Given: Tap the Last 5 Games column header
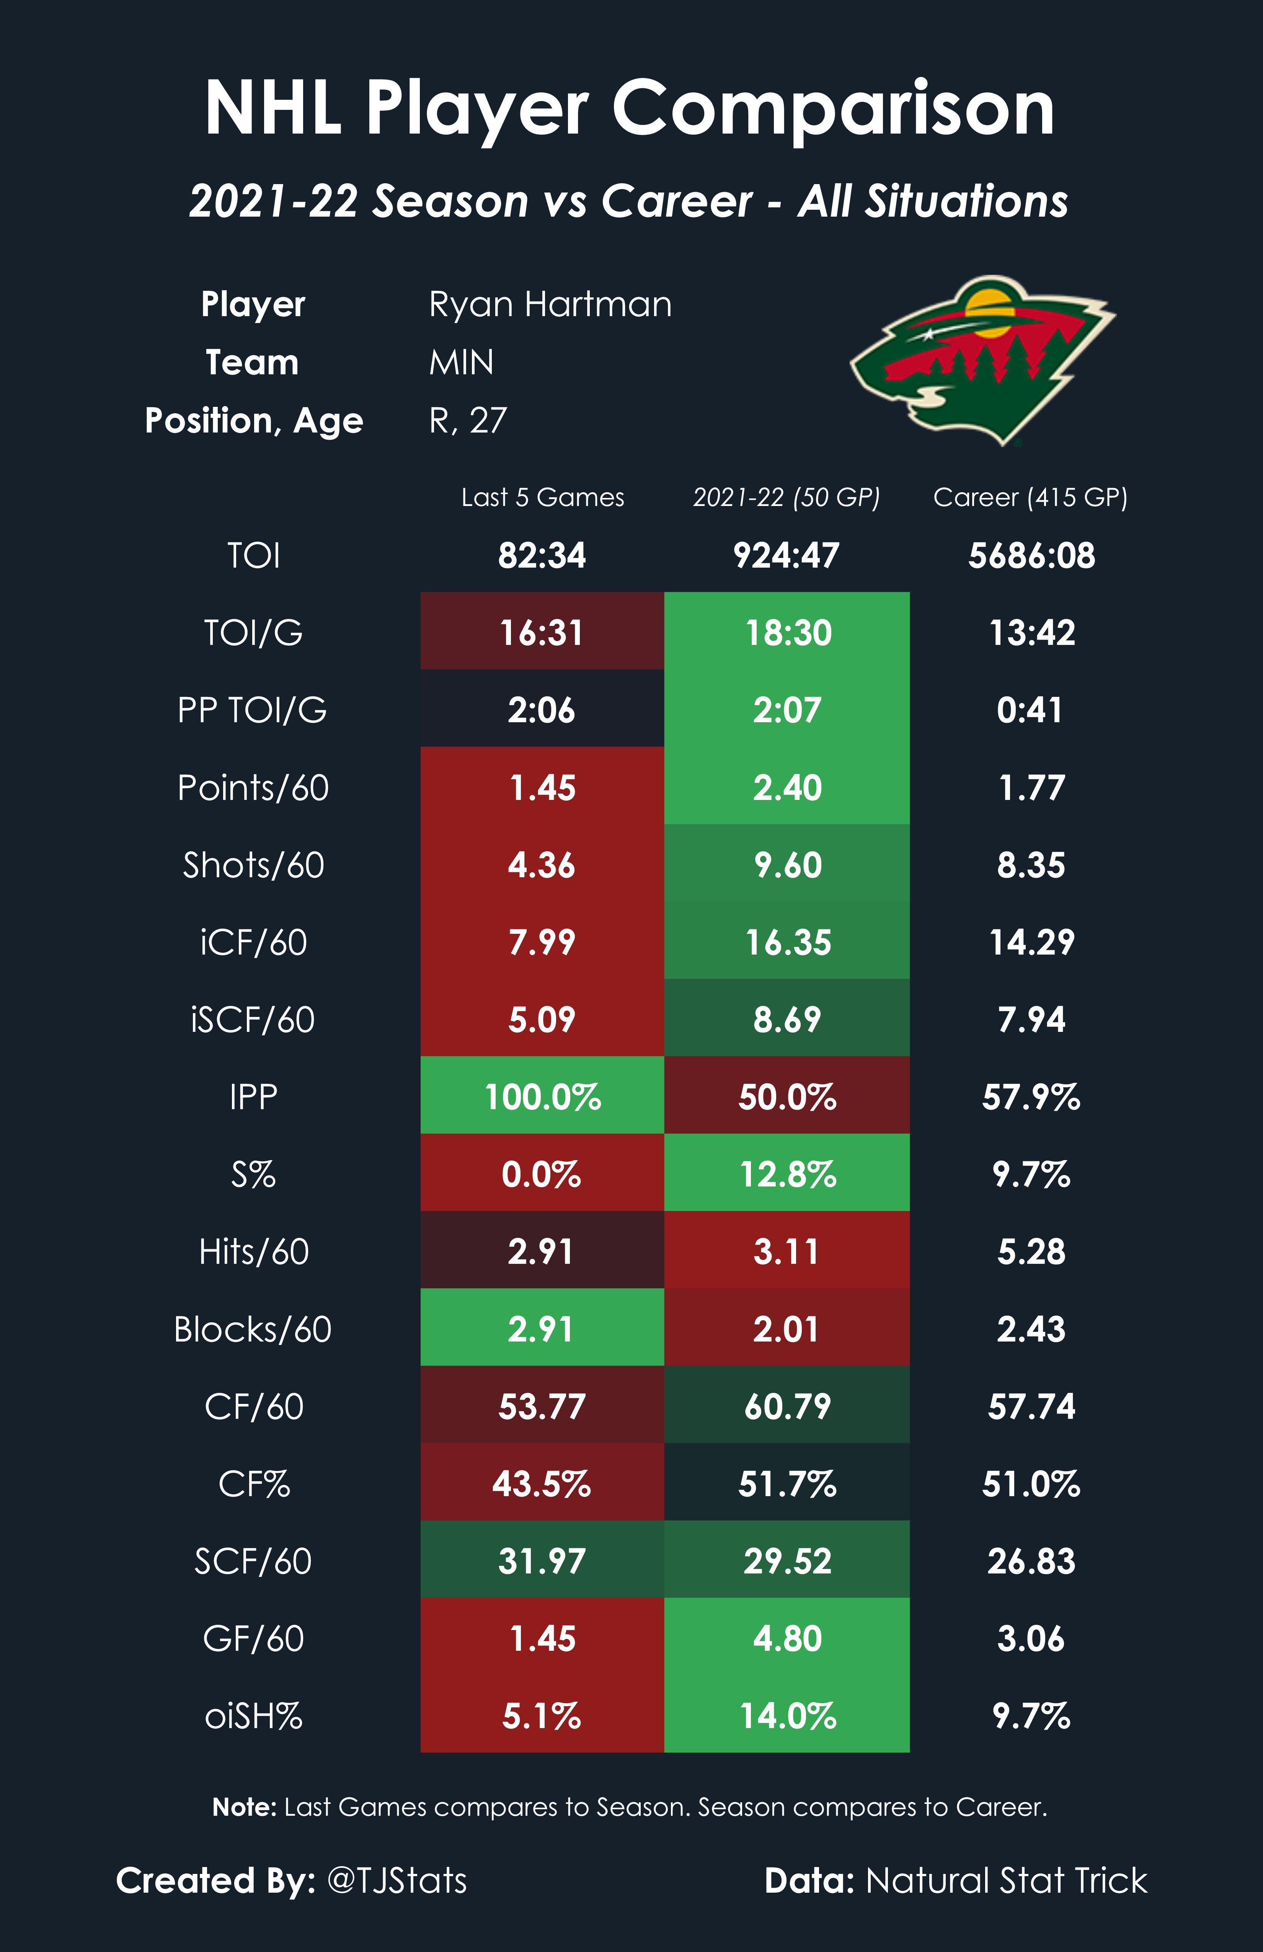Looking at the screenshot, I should click(x=542, y=497).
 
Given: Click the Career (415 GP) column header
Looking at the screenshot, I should click(x=1030, y=497).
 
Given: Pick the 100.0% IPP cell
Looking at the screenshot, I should click(x=542, y=1097).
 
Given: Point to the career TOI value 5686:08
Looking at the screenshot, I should click(x=1031, y=555).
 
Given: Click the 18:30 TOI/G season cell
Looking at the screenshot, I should click(x=787, y=632).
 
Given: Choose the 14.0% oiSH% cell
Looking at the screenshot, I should click(x=787, y=1716).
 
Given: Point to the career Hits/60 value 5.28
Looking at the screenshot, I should click(x=1031, y=1252).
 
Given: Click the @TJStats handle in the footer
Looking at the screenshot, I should click(x=397, y=1881).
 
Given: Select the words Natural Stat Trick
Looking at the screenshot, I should click(x=1006, y=1881).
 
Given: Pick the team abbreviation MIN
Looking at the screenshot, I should click(x=462, y=362).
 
